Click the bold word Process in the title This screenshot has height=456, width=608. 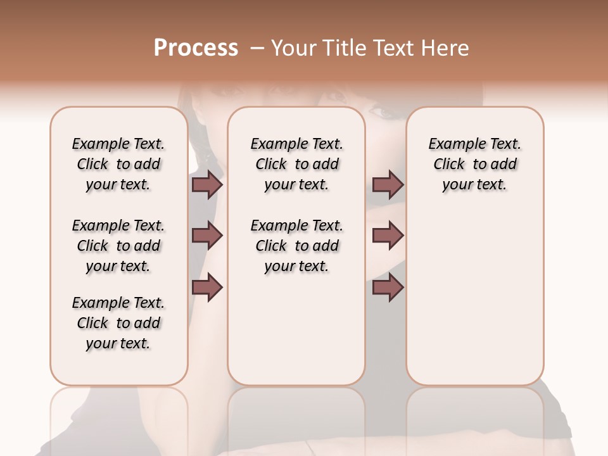tap(196, 48)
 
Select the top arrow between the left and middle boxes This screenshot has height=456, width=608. tap(207, 184)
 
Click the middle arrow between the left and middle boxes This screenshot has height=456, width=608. tap(207, 236)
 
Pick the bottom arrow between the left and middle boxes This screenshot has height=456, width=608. tap(207, 288)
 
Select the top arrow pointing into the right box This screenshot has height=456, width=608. tap(388, 184)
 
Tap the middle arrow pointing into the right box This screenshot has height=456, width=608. tap(388, 236)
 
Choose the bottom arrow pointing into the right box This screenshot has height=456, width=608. tap(388, 288)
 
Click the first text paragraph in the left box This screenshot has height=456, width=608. tap(118, 164)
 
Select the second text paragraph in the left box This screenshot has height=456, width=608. tap(118, 246)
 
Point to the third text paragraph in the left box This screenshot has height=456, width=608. tap(118, 323)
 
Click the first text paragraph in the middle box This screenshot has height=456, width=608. tap(296, 164)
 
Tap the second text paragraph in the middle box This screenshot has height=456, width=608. tap(296, 246)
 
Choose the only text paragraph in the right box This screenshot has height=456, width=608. tap(474, 164)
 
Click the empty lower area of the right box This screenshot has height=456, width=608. tap(474, 304)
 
